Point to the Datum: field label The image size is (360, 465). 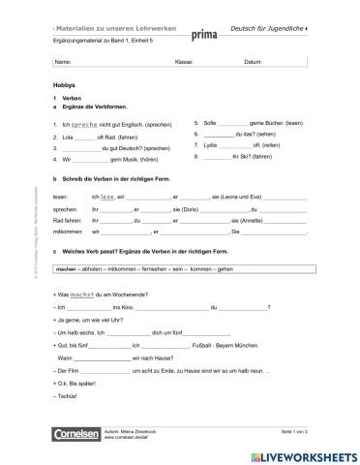[253, 62]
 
